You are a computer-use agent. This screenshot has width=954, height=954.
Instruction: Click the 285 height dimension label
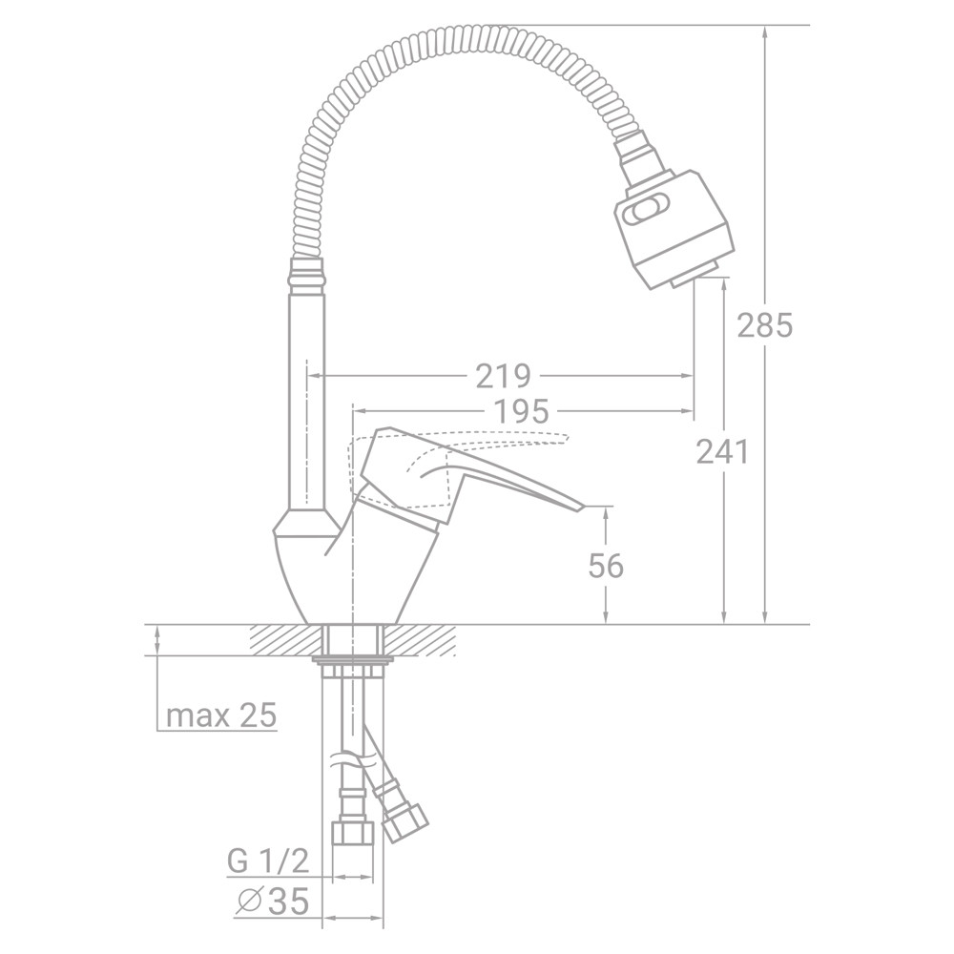tap(765, 326)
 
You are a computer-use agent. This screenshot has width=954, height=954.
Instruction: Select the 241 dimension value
tap(722, 451)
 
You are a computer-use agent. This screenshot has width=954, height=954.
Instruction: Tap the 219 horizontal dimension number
tap(503, 377)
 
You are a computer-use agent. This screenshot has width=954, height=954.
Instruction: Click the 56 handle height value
tap(606, 566)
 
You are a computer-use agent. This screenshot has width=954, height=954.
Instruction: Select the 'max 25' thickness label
tap(220, 715)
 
